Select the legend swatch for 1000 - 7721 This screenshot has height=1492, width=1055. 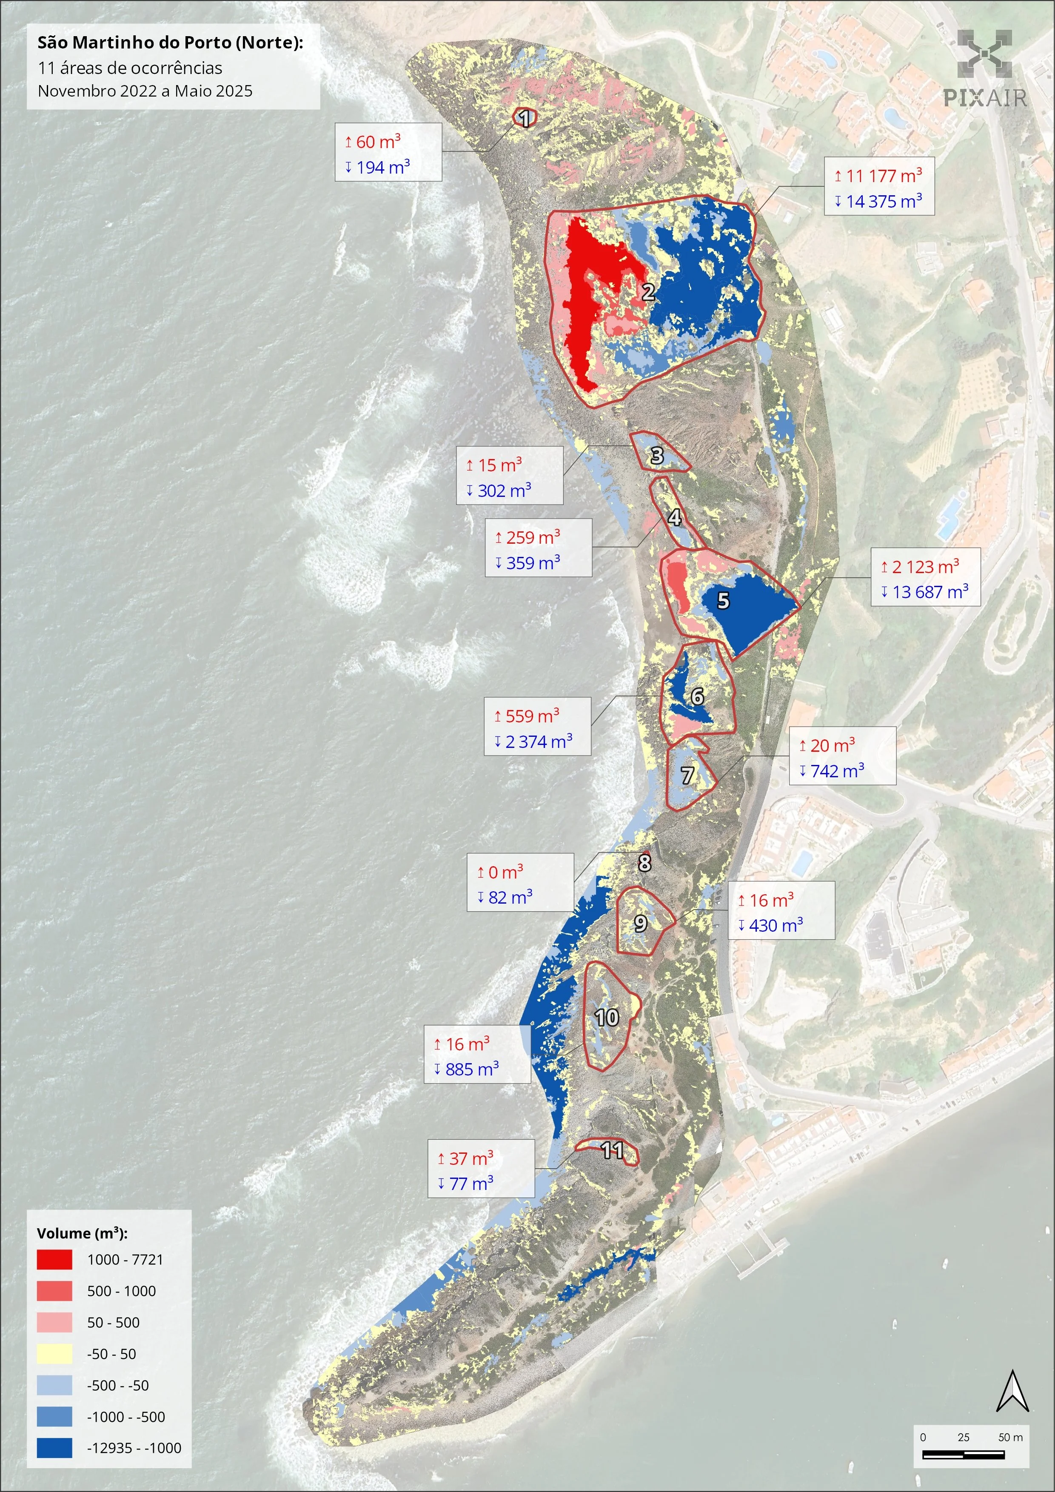click(54, 1259)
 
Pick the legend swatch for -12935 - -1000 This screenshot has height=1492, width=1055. click(54, 1448)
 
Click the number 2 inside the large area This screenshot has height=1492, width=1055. click(648, 292)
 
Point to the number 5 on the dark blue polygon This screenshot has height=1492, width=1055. click(723, 600)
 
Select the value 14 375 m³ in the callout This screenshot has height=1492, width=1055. click(884, 202)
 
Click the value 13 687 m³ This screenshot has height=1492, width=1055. click(930, 592)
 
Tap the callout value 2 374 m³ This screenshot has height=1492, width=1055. click(539, 742)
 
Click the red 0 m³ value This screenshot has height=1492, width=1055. click(505, 872)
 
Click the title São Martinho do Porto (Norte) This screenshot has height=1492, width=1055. click(170, 43)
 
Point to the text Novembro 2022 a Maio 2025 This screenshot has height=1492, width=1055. click(145, 91)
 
